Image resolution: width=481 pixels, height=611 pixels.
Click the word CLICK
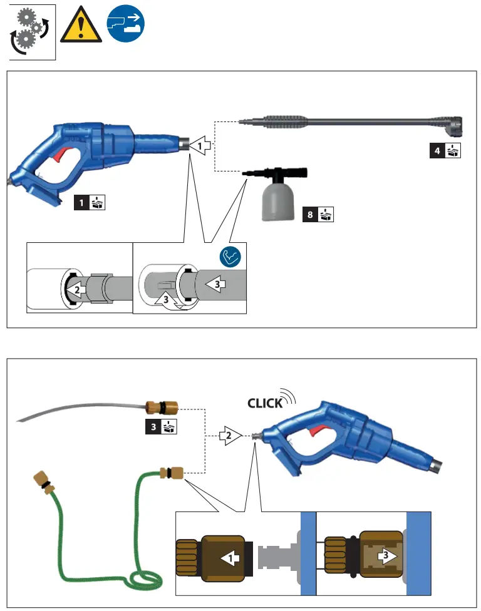pyautogui.click(x=265, y=403)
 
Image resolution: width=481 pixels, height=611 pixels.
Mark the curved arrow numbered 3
pyautogui.click(x=167, y=300)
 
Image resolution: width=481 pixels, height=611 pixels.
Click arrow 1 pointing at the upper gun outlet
pyautogui.click(x=200, y=146)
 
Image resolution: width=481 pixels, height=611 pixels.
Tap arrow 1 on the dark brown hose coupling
pyautogui.click(x=231, y=555)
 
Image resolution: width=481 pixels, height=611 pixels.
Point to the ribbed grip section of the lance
pyautogui.click(x=286, y=120)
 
